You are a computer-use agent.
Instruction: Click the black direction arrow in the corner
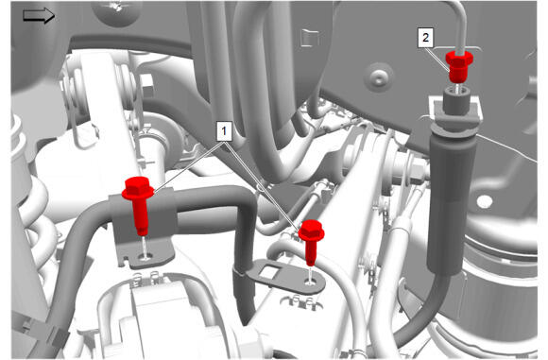tap(39, 16)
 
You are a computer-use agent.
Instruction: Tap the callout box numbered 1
tap(224, 131)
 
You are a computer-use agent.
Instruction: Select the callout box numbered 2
tap(425, 38)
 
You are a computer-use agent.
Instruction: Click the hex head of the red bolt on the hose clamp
tap(138, 188)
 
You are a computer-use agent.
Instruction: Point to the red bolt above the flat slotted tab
tap(311, 242)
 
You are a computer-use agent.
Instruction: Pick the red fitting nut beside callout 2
tap(459, 66)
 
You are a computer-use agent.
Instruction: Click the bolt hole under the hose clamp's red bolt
tap(146, 257)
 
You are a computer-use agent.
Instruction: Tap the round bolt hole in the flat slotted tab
tap(310, 281)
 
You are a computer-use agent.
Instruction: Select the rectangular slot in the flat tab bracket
tap(270, 271)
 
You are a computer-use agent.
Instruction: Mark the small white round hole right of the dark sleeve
tap(485, 201)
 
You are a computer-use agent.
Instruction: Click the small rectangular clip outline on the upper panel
tap(310, 38)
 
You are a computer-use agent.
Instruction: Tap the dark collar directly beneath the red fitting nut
tap(457, 98)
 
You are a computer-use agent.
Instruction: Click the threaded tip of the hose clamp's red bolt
tap(142, 231)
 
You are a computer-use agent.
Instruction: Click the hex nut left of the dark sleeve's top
tap(416, 169)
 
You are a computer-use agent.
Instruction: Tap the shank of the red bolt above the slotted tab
tap(311, 252)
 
